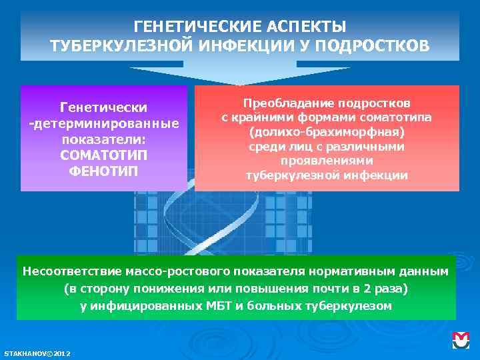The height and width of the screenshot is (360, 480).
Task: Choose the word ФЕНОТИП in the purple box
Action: pos(103,172)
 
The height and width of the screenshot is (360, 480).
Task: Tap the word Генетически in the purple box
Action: pos(103,107)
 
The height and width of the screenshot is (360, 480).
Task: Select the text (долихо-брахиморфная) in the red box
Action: pos(327,132)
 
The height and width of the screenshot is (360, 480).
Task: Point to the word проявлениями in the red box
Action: pos(327,161)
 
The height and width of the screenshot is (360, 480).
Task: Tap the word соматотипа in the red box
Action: pos(396,118)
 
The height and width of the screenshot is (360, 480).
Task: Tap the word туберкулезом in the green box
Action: pos(356,306)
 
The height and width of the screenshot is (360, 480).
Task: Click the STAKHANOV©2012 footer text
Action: pos(37,353)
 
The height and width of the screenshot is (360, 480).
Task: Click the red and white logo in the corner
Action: pos(461,340)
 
